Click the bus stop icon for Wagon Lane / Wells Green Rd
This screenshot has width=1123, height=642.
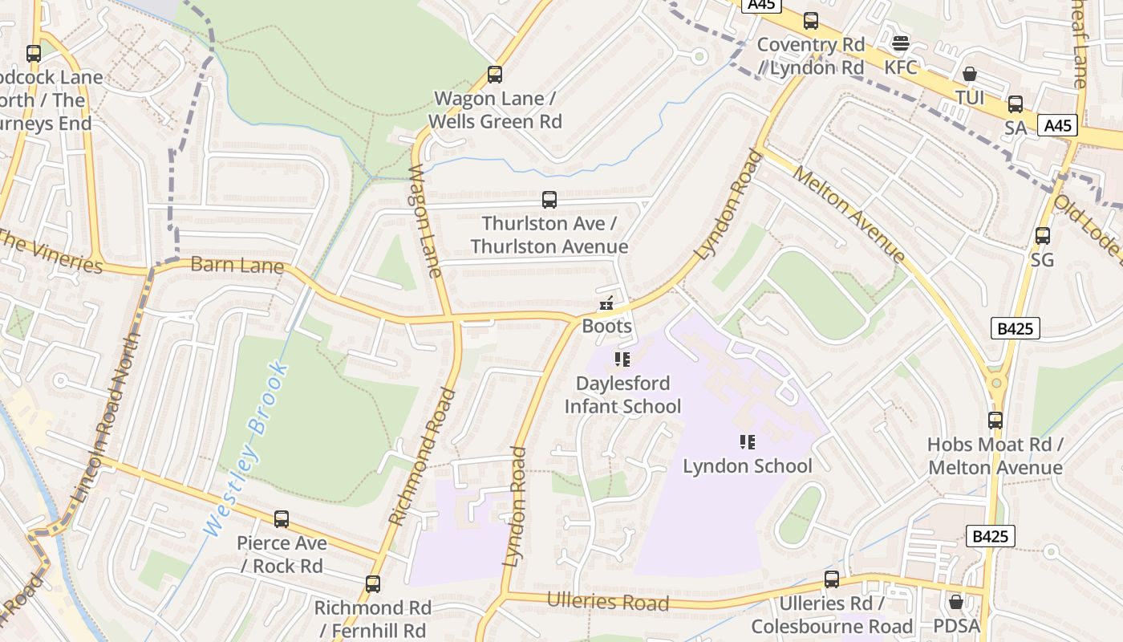pos(495,75)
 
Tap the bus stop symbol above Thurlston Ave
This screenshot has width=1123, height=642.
pos(549,200)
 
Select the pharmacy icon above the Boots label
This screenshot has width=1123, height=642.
pos(606,303)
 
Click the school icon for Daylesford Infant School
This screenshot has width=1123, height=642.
pos(622,360)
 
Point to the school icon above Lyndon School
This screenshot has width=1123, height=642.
pos(748,442)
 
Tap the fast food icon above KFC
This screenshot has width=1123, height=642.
pos(901,43)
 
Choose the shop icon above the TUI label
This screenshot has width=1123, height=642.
pos(970,74)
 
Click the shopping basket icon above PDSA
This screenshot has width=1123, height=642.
pos(956,601)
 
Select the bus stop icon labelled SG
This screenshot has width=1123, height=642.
pos(1043,236)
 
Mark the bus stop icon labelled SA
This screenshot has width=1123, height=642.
pos(1016,104)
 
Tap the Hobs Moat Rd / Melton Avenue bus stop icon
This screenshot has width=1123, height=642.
pos(995,420)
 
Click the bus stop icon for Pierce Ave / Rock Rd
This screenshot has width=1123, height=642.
pos(282,519)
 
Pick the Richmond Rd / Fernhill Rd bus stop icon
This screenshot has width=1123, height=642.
pos(373,584)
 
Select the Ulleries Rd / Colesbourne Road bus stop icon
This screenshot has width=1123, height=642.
pos(832,579)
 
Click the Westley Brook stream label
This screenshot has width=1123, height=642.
pos(245,449)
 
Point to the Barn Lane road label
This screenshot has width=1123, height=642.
pos(237,266)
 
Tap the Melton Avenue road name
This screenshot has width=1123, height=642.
pos(849,213)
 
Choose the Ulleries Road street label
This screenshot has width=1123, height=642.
pos(607,602)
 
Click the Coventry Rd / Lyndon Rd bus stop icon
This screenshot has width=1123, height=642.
pos(811,21)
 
